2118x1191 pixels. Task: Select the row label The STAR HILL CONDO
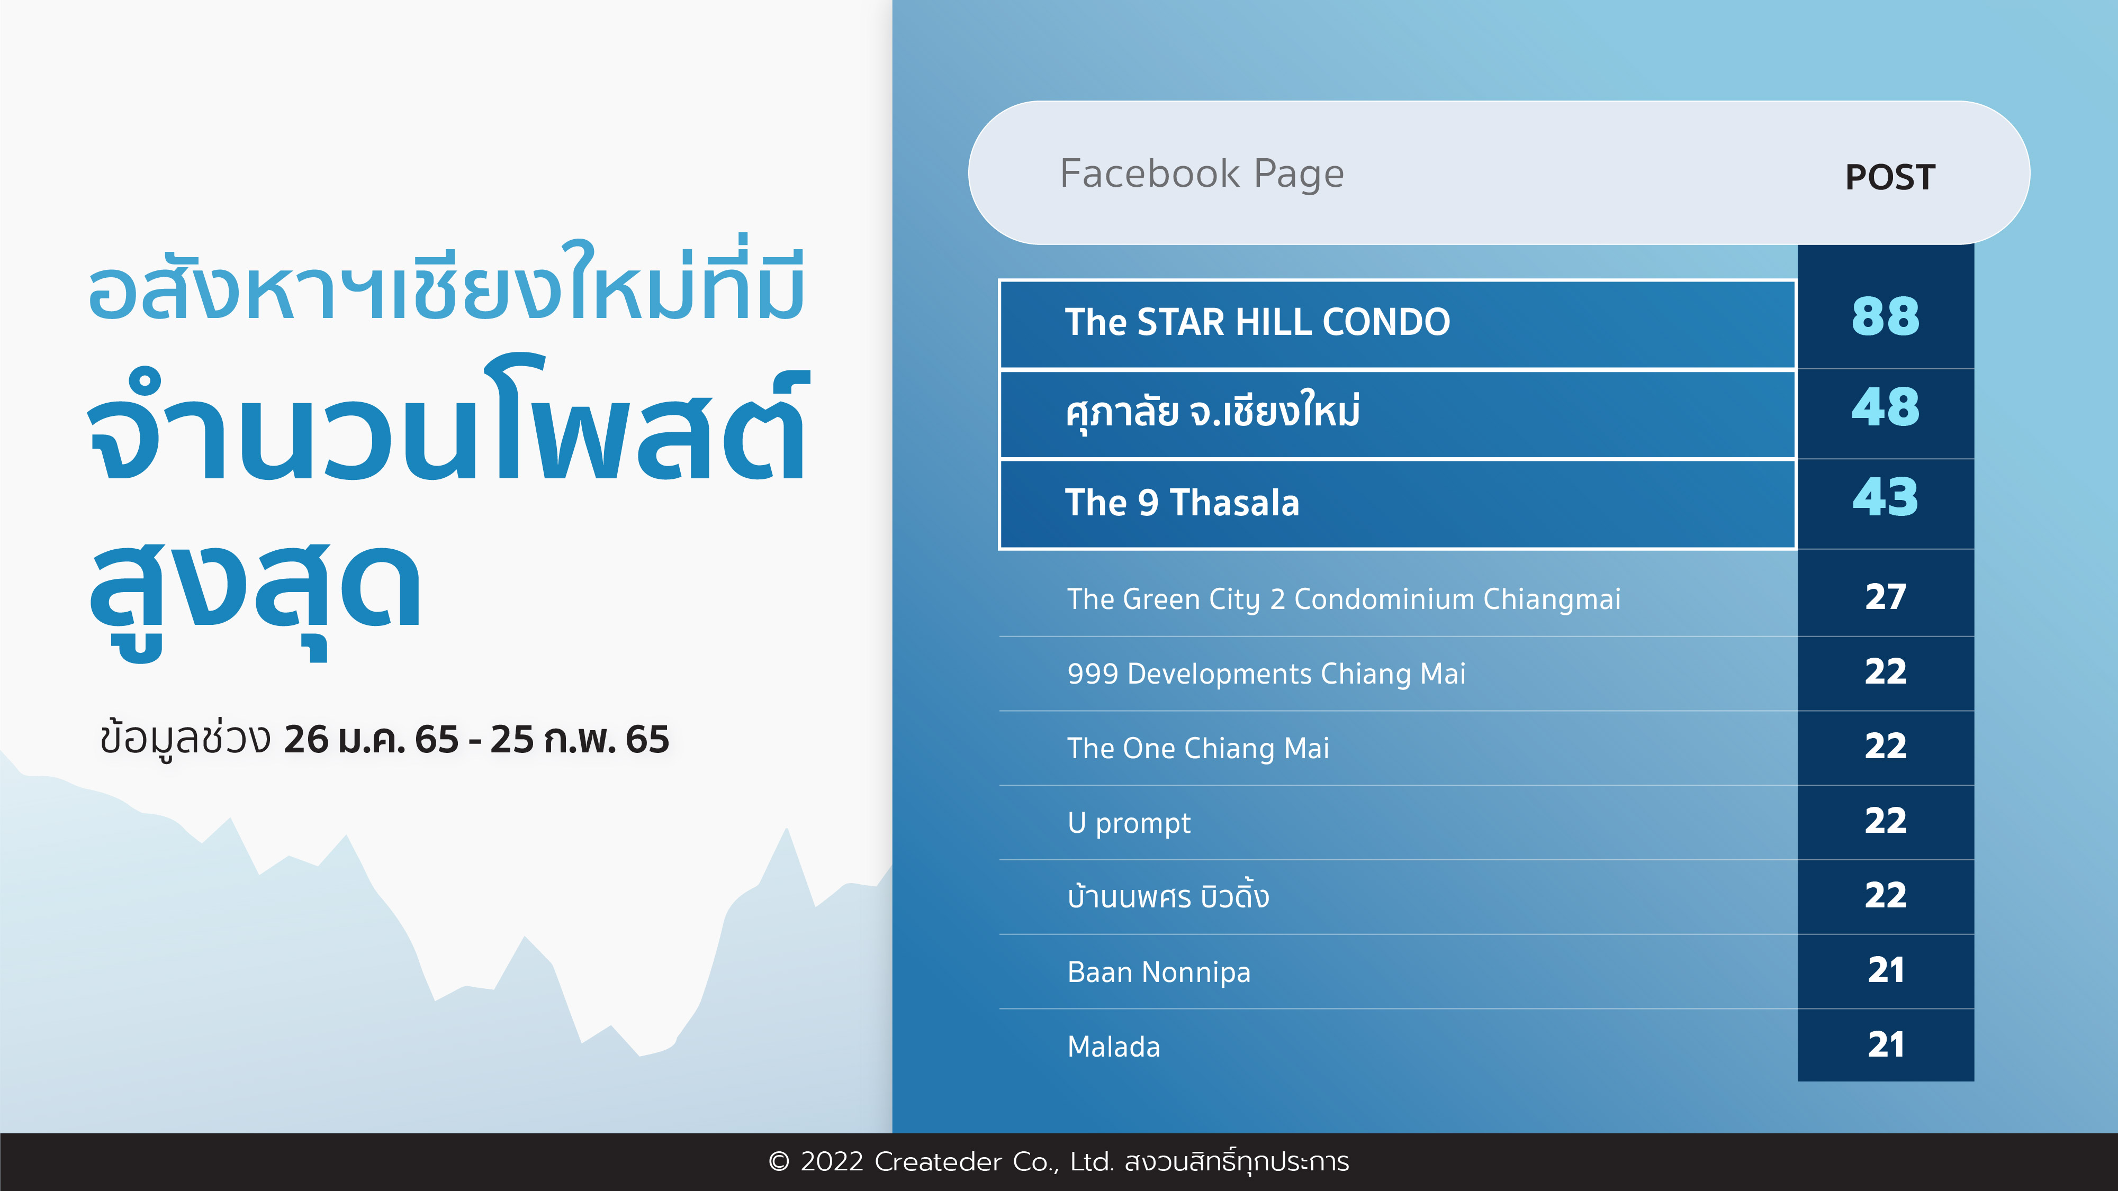[1257, 321]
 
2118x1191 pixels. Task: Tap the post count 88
[1885, 316]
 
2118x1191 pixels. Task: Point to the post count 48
[1885, 407]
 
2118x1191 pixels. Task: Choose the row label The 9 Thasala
[1182, 502]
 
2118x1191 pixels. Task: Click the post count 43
[1885, 497]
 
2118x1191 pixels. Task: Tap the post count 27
[1885, 597]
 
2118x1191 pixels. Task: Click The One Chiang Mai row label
[1198, 749]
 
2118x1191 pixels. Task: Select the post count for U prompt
[1885, 820]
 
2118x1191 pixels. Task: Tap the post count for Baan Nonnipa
[1885, 970]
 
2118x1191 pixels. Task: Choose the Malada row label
[1113, 1047]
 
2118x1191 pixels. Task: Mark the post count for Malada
[1885, 1044]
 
